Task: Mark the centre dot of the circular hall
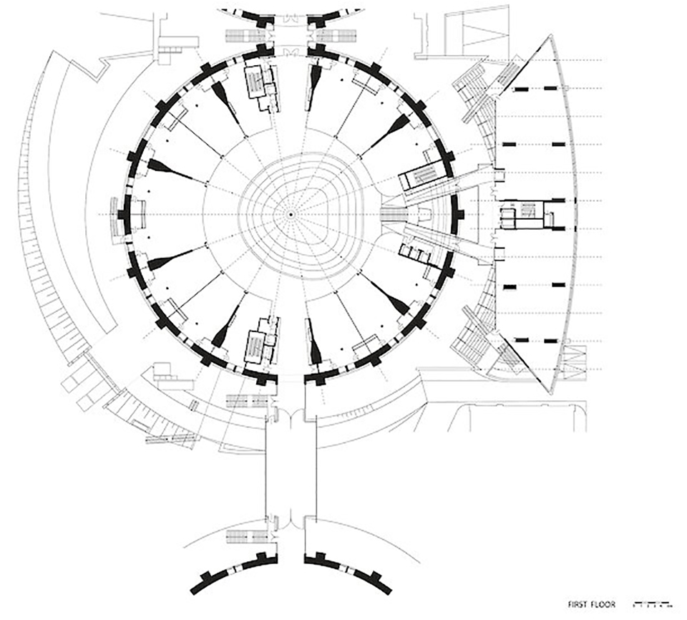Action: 291,213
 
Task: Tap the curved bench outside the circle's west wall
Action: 119,213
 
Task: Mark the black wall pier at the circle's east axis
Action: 458,213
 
